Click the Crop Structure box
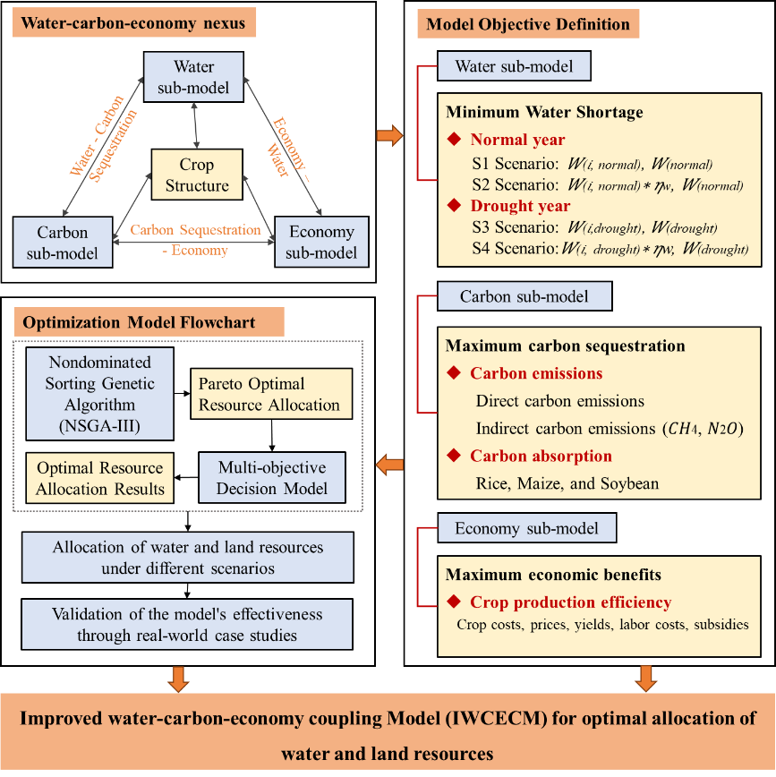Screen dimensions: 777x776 click(197, 175)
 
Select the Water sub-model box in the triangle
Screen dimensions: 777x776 click(193, 78)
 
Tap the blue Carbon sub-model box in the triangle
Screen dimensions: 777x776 click(63, 242)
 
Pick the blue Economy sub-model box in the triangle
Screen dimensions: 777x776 click(320, 242)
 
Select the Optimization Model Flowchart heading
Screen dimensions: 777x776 click(149, 322)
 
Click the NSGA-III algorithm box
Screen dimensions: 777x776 click(100, 394)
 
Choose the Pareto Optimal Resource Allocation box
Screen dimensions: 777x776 click(269, 394)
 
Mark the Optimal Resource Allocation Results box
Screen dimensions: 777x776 click(100, 478)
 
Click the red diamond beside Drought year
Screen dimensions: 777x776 click(455, 207)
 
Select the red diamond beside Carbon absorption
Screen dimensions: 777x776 click(455, 457)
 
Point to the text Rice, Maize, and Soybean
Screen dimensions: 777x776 click(567, 483)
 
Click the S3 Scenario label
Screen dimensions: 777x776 click(514, 228)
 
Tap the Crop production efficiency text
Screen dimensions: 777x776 click(570, 602)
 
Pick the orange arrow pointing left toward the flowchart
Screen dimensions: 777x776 click(389, 465)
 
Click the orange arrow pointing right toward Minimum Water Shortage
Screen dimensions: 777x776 click(389, 136)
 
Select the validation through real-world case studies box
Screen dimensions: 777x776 click(187, 625)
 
